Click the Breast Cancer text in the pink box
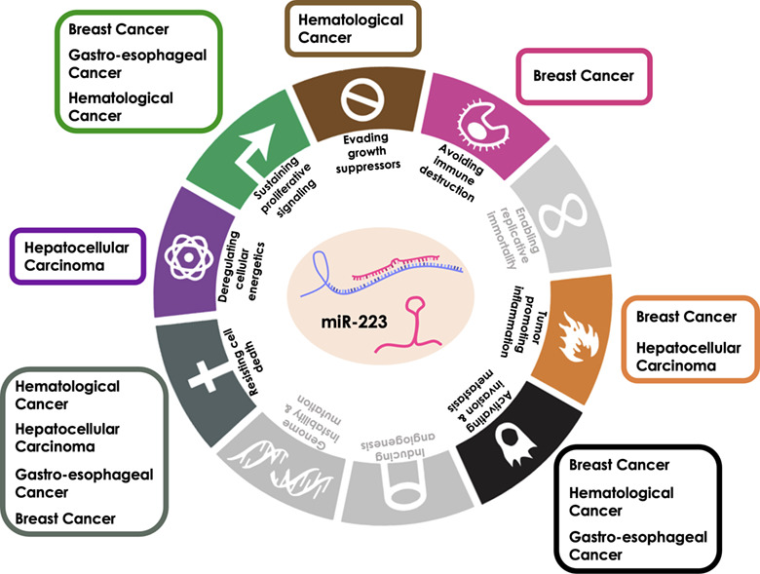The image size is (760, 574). [x=583, y=75]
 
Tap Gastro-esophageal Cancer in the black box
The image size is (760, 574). [x=638, y=546]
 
